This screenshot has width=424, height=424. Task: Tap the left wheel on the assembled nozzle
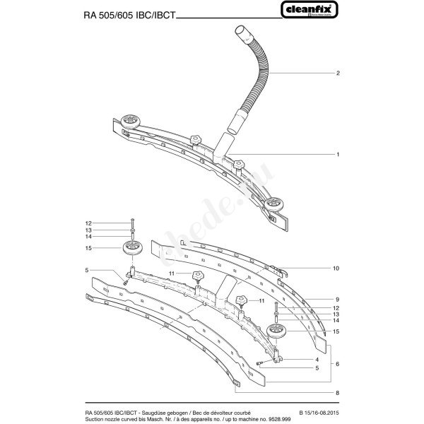tap(129, 122)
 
